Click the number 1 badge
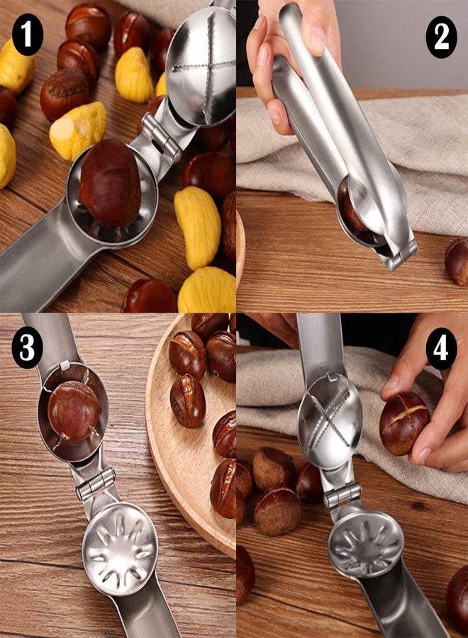point(28,35)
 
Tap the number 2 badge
point(441,37)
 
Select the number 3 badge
point(28,347)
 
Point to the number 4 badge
point(441,349)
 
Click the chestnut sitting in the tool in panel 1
point(111,184)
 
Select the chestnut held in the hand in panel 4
point(404,424)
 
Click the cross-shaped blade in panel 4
point(330,421)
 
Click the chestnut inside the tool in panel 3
point(74,411)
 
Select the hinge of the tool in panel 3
point(96,483)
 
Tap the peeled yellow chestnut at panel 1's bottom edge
point(208,289)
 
